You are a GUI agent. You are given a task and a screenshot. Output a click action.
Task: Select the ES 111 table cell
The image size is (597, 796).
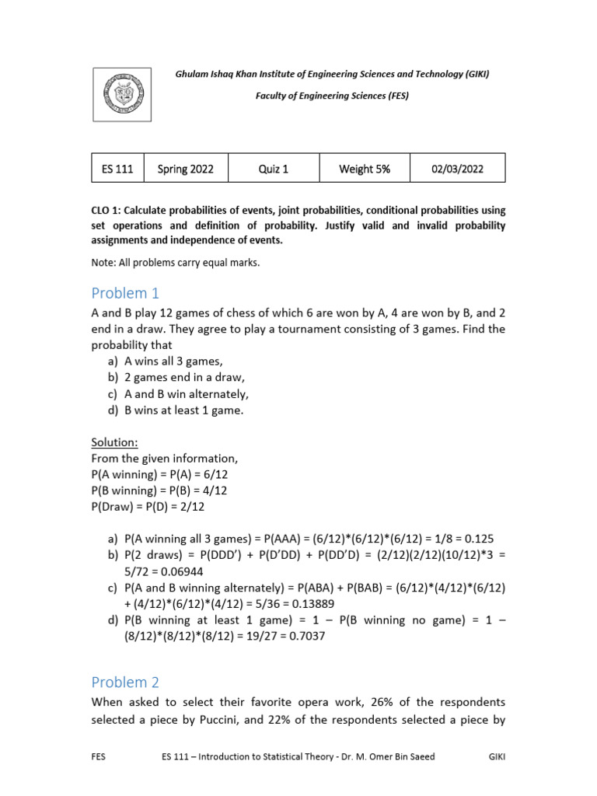pyautogui.click(x=117, y=169)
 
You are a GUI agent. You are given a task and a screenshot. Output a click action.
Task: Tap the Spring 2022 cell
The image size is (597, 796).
pyautogui.click(x=185, y=169)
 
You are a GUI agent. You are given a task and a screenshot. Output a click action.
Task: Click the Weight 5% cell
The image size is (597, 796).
pyautogui.click(x=365, y=169)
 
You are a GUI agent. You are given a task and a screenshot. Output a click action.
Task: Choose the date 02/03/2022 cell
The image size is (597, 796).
pyautogui.click(x=457, y=169)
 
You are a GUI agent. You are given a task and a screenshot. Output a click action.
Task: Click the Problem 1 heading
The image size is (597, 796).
pyautogui.click(x=124, y=293)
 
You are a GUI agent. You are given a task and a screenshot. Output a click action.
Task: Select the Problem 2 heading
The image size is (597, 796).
pyautogui.click(x=124, y=683)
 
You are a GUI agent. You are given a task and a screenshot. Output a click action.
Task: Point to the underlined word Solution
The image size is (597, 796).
pyautogui.click(x=114, y=442)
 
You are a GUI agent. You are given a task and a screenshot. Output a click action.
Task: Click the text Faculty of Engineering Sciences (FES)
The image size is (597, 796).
pyautogui.click(x=332, y=96)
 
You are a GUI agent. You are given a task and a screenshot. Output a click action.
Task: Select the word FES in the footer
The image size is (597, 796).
pyautogui.click(x=99, y=755)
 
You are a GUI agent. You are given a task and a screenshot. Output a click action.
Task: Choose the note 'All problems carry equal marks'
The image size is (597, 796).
pyautogui.click(x=175, y=263)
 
